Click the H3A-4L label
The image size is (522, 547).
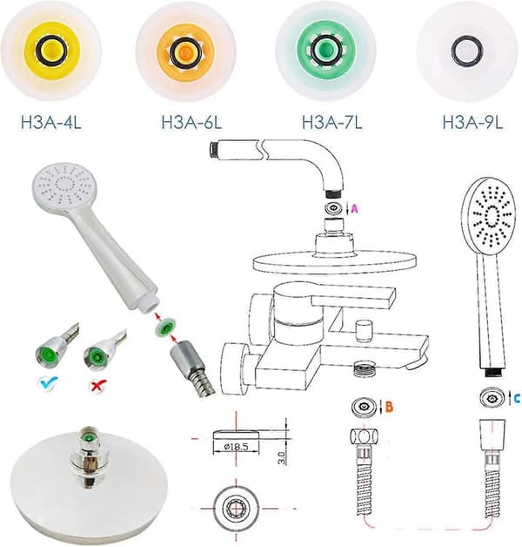(51, 122)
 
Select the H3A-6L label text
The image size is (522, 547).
(191, 122)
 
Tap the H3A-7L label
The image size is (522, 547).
(332, 122)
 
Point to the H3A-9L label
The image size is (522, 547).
(473, 122)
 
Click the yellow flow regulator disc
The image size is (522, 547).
(50, 51)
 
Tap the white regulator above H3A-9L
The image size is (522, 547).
(466, 51)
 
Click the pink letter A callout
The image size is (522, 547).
(354, 209)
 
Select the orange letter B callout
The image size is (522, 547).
(390, 407)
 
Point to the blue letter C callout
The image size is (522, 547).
(517, 398)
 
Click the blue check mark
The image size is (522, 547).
(48, 383)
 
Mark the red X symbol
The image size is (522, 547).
(98, 386)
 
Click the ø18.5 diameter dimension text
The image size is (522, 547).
(237, 447)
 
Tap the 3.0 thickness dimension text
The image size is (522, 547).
(282, 458)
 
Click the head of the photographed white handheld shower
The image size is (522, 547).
(65, 186)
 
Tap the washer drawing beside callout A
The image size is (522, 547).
(334, 208)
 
